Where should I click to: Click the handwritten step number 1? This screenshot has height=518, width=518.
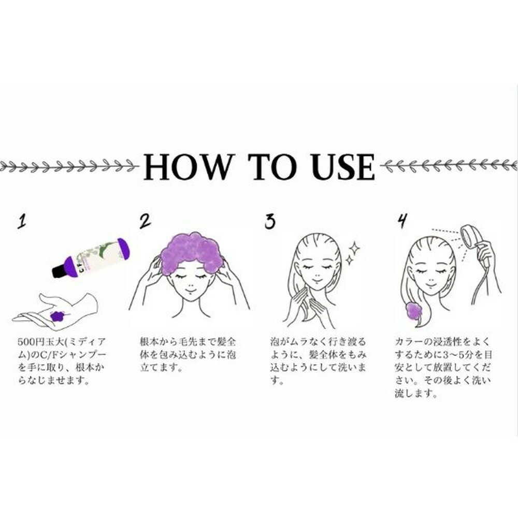pos(22,221)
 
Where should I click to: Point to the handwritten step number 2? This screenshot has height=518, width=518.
pos(145,221)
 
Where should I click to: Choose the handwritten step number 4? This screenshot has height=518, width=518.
pos(402,221)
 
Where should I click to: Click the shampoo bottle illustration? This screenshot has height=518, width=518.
pos(91,257)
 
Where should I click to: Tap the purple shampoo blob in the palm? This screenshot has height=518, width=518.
pos(57,316)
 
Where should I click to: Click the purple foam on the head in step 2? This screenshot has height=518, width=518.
pos(192,253)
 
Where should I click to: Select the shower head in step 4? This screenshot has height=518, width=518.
pos(470,236)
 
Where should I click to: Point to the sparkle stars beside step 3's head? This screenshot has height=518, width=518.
pos(353,253)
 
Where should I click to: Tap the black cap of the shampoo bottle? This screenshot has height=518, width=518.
pos(60,270)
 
